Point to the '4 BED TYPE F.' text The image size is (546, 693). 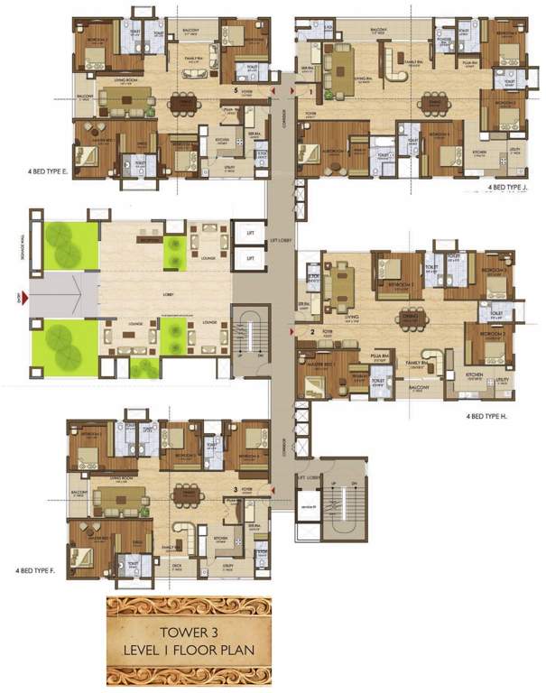pyautogui.click(x=37, y=571)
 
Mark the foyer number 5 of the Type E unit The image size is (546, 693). pyautogui.click(x=236, y=91)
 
